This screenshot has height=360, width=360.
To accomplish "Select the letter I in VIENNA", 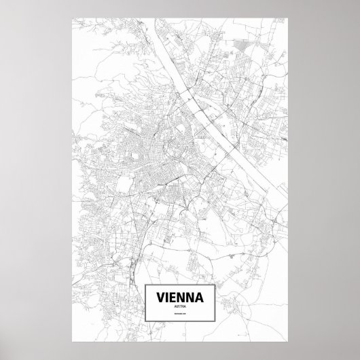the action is tap(168, 298).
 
